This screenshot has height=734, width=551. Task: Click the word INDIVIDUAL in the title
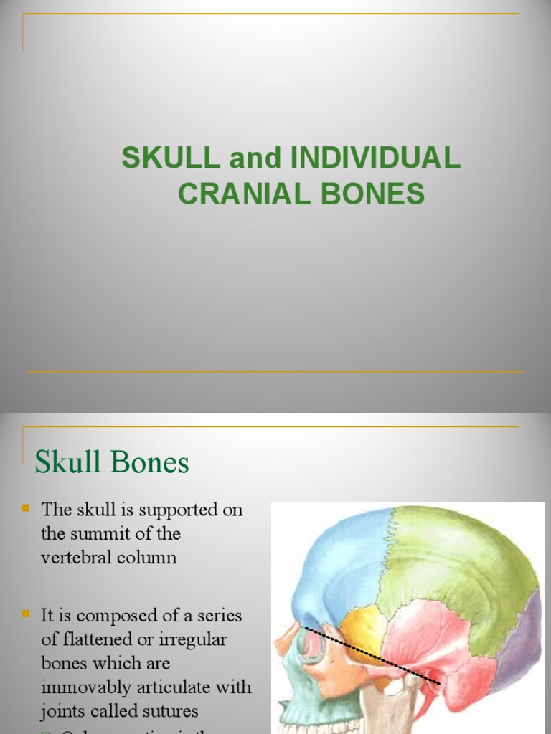click(375, 158)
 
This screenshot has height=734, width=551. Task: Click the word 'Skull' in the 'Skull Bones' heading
click(68, 462)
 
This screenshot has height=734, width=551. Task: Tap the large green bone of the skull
click(459, 566)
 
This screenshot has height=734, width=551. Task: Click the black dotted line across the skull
click(373, 654)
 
